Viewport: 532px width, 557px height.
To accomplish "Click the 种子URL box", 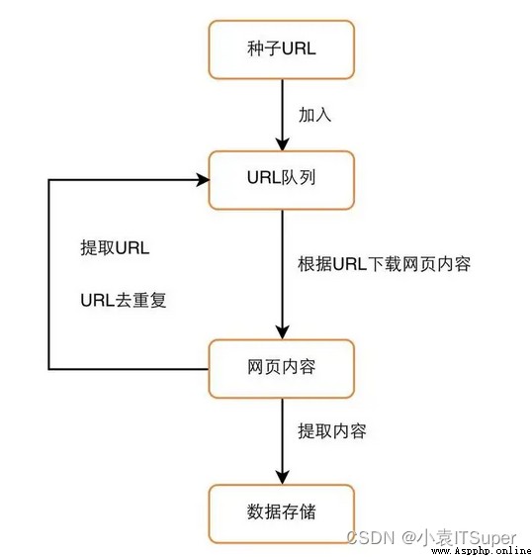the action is click(x=282, y=49).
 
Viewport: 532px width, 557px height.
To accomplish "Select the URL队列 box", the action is click(x=282, y=180).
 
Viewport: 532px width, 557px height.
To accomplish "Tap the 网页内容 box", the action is click(x=282, y=369).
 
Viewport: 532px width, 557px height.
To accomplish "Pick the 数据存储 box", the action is click(x=282, y=513).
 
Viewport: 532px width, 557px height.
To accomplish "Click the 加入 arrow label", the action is click(x=315, y=115).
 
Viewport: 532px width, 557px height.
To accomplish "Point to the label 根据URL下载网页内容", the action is click(x=385, y=264).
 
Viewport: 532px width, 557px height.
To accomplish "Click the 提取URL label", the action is click(x=115, y=247).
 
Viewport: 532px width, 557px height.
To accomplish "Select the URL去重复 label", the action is click(x=124, y=300).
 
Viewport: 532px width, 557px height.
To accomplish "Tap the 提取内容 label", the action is click(x=332, y=431).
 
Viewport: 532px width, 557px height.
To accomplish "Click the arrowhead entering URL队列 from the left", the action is click(x=204, y=180).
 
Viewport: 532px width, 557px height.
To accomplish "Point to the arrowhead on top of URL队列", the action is click(x=283, y=144).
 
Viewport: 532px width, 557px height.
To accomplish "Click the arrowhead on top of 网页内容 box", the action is click(x=283, y=332).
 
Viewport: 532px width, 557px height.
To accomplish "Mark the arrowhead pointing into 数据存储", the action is click(x=283, y=478).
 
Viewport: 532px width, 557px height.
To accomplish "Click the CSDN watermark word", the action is click(x=371, y=537).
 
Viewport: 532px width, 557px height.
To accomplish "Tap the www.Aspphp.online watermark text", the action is click(x=482, y=551).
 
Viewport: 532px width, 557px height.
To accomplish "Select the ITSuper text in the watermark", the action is click(x=484, y=538).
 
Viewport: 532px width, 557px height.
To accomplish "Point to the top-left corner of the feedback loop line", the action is click(x=49, y=180).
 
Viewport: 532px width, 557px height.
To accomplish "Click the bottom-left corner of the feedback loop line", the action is click(x=49, y=369).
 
